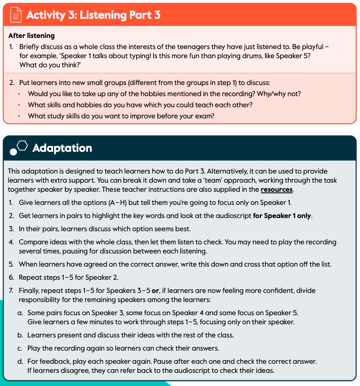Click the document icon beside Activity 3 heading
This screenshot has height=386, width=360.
(x=16, y=15)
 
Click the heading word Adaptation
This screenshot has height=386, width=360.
(x=62, y=148)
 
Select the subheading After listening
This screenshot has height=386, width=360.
(x=31, y=36)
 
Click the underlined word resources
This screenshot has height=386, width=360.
(x=277, y=189)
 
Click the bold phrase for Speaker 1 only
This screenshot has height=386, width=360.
(x=282, y=216)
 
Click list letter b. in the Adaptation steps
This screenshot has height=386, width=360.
(x=20, y=335)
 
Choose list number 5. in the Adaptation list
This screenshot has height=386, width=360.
(x=11, y=264)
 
